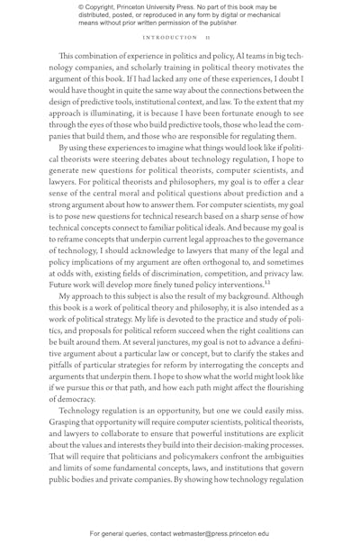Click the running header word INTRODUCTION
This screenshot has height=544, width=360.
[x=170, y=38]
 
